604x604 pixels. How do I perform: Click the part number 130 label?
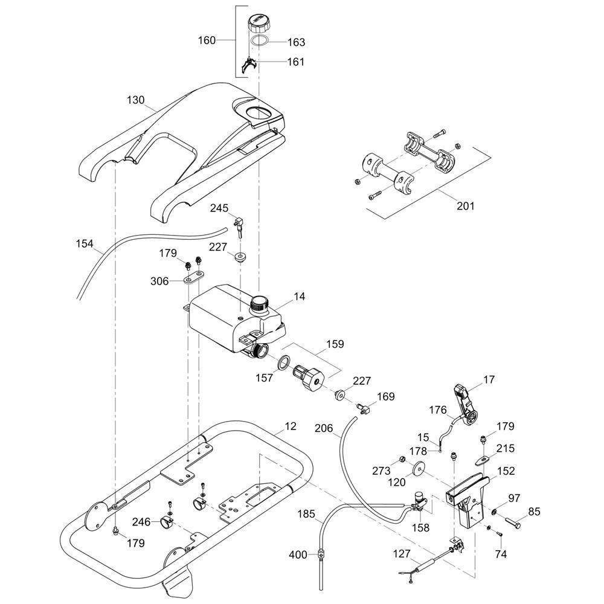click(136, 100)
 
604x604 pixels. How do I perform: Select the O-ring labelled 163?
click(260, 42)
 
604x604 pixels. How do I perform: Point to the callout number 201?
click(465, 206)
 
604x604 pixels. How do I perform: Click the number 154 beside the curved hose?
click(85, 244)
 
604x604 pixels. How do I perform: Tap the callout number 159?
click(335, 344)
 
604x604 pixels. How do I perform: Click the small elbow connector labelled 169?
click(364, 408)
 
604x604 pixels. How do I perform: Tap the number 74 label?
click(501, 554)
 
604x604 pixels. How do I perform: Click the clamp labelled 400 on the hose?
click(321, 553)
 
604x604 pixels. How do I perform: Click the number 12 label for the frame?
click(291, 426)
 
